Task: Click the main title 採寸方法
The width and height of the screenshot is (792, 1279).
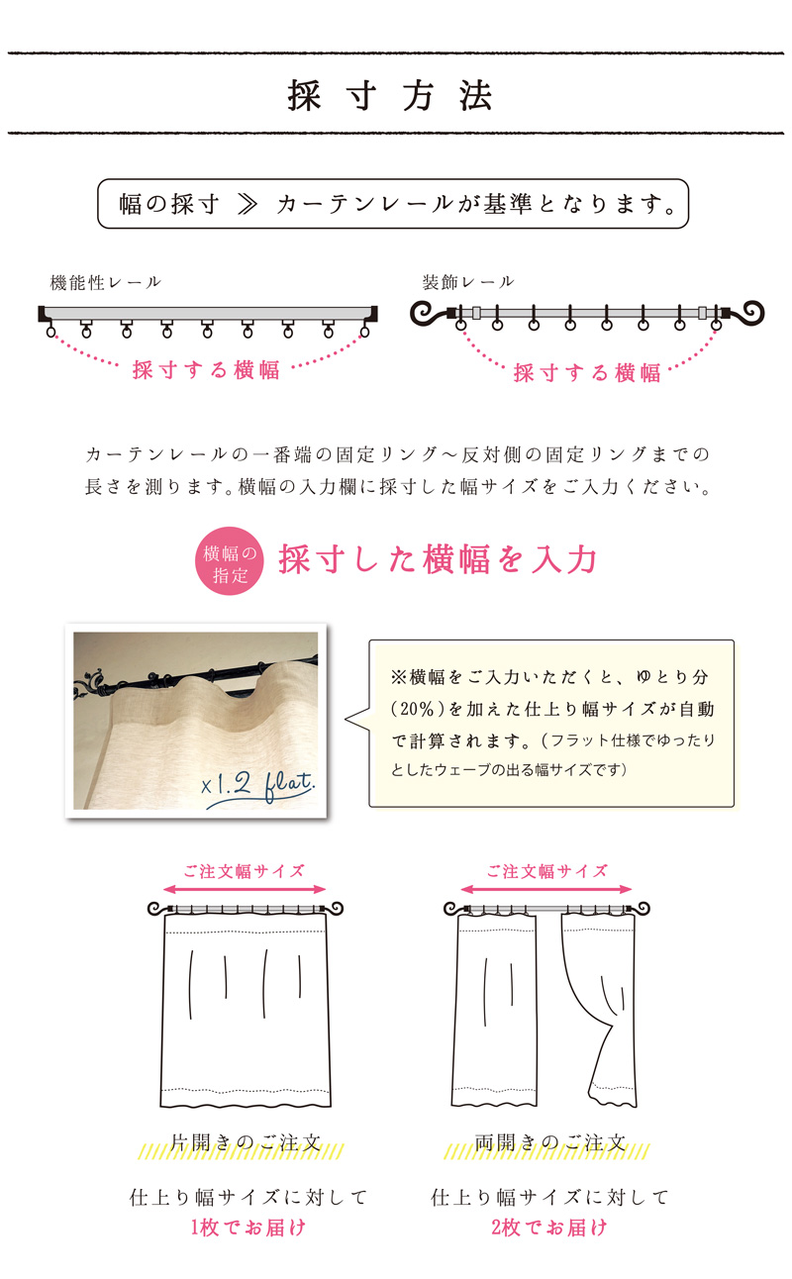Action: (x=390, y=95)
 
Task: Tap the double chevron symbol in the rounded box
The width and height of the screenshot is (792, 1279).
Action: (x=247, y=204)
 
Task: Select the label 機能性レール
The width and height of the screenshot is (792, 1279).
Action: (x=106, y=282)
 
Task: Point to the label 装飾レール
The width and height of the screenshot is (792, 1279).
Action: (x=468, y=281)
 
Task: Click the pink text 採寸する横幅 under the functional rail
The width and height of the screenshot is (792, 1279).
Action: (x=206, y=370)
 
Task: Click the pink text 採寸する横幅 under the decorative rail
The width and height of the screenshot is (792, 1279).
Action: (x=587, y=372)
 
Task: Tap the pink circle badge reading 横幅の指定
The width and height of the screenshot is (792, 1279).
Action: (x=230, y=560)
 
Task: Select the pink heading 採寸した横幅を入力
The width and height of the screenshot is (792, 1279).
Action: (x=438, y=559)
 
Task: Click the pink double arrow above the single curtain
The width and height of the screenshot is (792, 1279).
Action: (x=245, y=889)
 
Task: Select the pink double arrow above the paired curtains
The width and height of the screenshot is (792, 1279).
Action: (x=546, y=889)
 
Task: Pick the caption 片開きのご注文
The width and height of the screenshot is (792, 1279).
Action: (x=246, y=1142)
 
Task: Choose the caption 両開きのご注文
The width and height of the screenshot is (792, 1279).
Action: (x=549, y=1142)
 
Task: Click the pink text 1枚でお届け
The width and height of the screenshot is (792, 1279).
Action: (x=248, y=1227)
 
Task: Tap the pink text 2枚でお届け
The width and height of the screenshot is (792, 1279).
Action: (x=549, y=1227)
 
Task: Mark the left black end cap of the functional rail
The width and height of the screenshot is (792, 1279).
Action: (x=42, y=314)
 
